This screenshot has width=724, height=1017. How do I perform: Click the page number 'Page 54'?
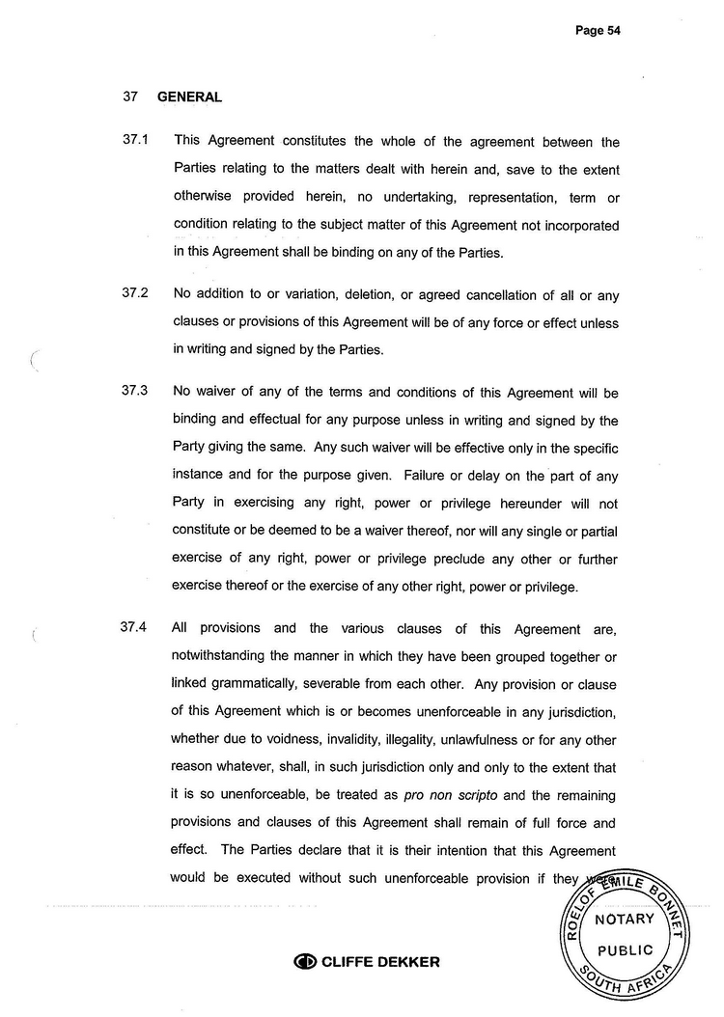pos(597,30)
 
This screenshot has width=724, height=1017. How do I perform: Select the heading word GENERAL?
pos(189,96)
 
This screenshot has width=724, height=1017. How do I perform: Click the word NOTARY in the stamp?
pos(625,919)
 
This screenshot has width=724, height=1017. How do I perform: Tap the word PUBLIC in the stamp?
pos(625,949)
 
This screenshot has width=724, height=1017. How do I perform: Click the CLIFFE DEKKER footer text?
pos(379,961)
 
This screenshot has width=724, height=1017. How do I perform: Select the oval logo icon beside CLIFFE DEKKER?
pos(304,961)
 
